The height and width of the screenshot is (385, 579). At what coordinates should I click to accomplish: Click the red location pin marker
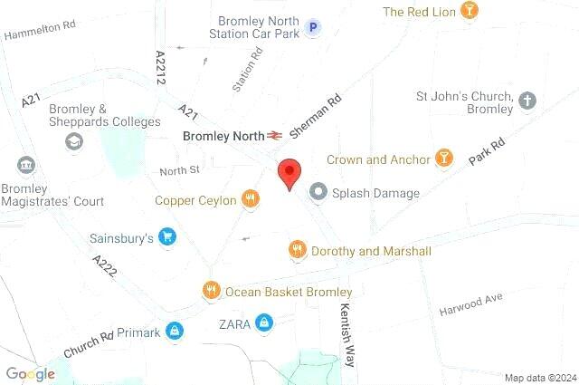click(x=289, y=172)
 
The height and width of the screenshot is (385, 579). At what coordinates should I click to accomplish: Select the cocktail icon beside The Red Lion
click(x=470, y=11)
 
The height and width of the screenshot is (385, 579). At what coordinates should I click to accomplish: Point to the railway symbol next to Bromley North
click(x=275, y=136)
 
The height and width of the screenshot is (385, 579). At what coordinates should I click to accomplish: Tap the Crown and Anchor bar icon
click(x=443, y=159)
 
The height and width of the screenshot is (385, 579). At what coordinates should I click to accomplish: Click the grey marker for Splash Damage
click(x=318, y=192)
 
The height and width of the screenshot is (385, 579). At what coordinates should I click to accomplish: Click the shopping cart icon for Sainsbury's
click(x=166, y=238)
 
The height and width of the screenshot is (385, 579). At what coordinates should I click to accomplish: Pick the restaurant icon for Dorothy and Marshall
click(x=296, y=249)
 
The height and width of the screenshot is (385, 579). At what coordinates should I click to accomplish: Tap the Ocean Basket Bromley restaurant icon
click(x=211, y=291)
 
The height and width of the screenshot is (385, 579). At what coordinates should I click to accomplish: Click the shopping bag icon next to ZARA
click(x=263, y=322)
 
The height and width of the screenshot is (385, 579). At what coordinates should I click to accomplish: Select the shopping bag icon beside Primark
click(x=174, y=332)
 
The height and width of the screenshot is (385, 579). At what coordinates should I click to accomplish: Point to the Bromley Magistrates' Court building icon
click(x=25, y=167)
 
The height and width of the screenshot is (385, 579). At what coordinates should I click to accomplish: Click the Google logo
click(x=30, y=373)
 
